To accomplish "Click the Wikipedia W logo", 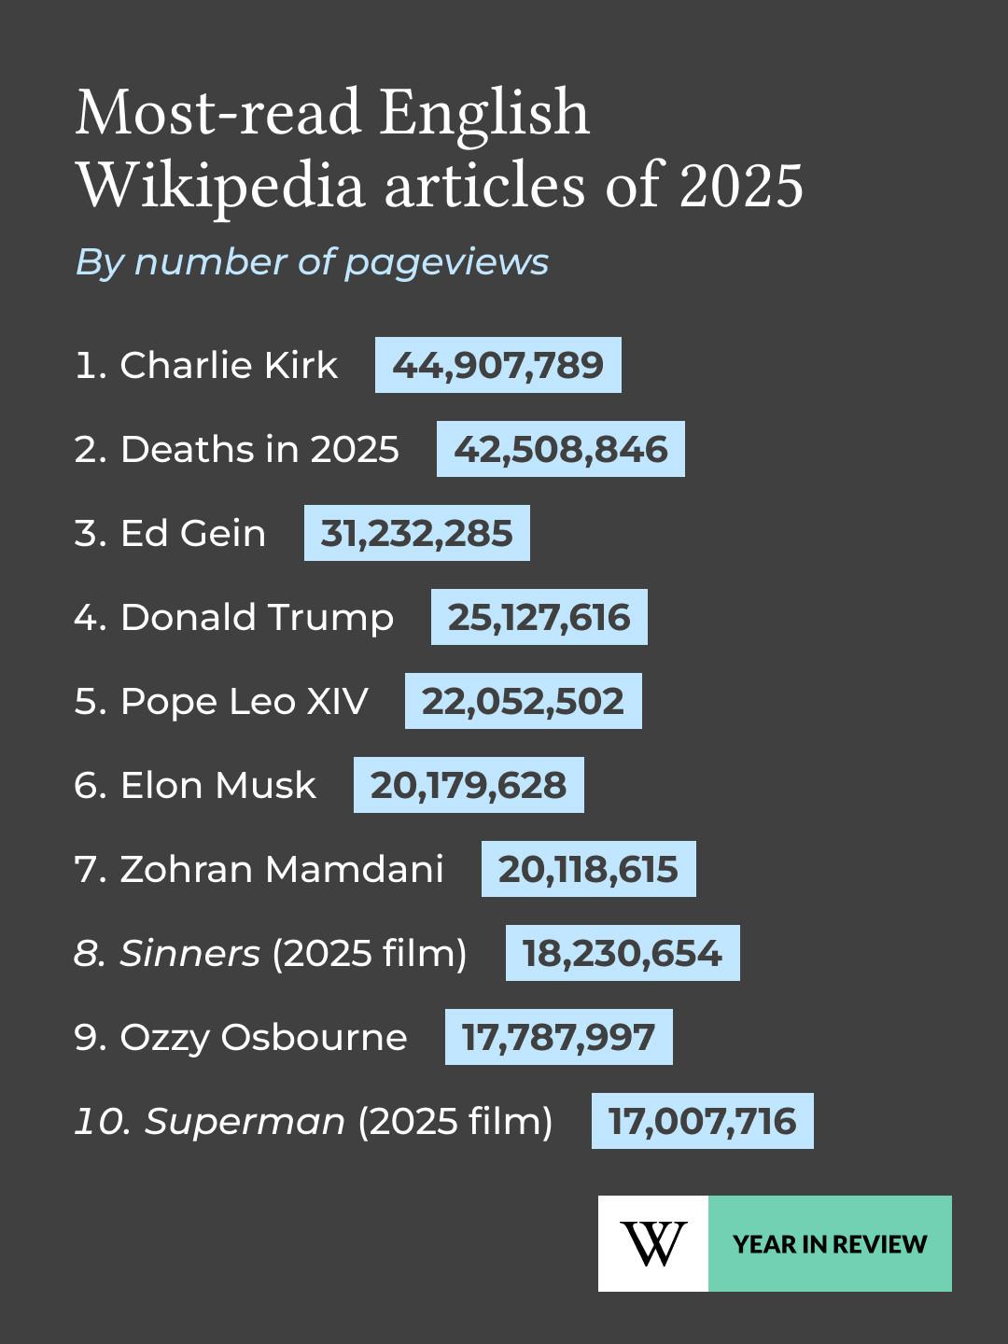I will click(653, 1243).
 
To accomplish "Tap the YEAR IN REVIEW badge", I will click(830, 1243).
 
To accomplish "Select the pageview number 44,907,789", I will click(497, 365).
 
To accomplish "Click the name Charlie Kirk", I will click(229, 365).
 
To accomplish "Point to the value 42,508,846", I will click(560, 449).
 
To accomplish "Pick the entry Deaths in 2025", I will click(259, 449).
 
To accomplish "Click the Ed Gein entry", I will click(192, 533).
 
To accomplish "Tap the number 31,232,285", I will click(416, 533).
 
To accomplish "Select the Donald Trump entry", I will click(257, 617).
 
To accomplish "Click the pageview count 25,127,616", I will click(539, 617).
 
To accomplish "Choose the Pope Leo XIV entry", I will click(244, 701).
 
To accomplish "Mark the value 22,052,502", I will click(523, 701).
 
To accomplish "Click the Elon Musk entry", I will click(217, 785).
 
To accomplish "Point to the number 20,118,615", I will click(588, 869).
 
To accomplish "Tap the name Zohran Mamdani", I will click(281, 869).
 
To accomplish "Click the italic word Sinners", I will click(190, 953).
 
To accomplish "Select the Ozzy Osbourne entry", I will click(263, 1037).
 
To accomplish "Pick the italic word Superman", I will click(245, 1121).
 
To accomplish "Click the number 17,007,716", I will click(702, 1121).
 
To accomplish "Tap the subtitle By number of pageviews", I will click(312, 262).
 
